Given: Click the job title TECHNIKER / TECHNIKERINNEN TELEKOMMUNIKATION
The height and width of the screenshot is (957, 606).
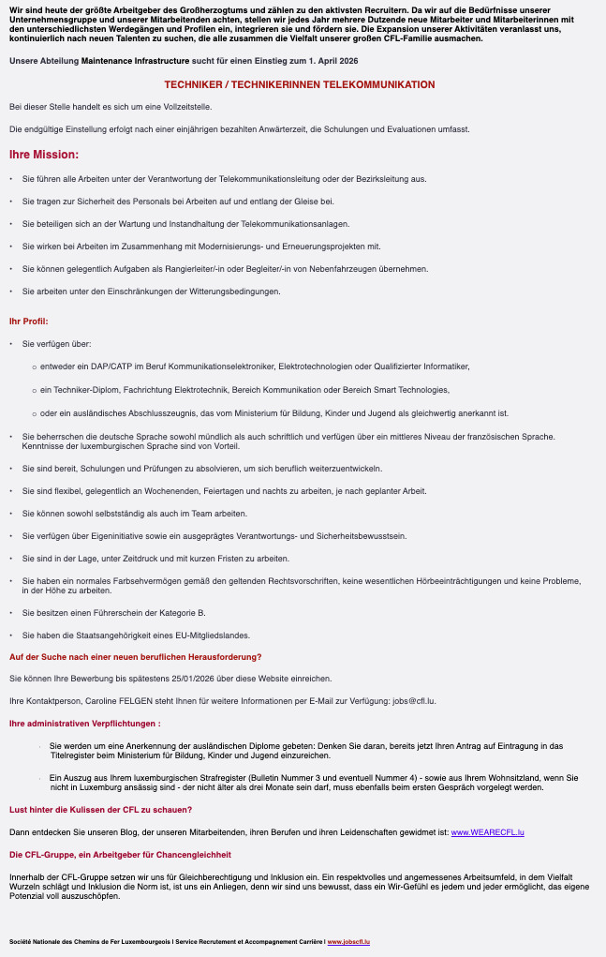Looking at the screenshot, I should [x=300, y=84].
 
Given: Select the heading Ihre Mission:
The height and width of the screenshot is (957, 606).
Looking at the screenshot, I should [x=44, y=154].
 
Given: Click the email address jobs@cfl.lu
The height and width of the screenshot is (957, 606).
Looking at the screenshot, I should [x=413, y=700].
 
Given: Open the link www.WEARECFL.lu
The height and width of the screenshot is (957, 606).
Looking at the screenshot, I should [x=487, y=831].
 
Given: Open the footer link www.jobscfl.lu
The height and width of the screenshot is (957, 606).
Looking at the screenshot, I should [x=348, y=941].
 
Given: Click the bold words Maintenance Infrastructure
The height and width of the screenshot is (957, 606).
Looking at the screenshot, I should [x=135, y=60].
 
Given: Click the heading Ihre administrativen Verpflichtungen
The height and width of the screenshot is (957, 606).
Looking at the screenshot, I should [x=84, y=723].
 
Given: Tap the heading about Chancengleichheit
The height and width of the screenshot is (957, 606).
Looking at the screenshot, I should [x=120, y=854].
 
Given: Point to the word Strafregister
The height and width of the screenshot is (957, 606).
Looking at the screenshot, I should [x=213, y=778].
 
